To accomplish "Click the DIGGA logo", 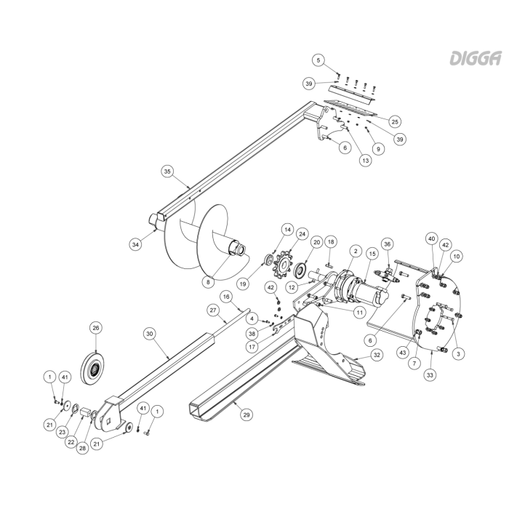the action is [476, 58].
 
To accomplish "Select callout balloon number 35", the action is [167, 172].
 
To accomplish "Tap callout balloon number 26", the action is [96, 328].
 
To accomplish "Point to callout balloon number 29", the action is [247, 415].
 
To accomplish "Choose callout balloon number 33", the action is [430, 375].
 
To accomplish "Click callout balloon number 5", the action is [318, 60].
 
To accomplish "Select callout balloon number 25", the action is [395, 121].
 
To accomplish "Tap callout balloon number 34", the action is [135, 244].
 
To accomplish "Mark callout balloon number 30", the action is [149, 334].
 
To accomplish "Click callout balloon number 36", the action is [388, 244].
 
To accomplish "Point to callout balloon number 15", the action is [372, 253].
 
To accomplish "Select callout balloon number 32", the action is [377, 355].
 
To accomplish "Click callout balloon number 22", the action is [71, 442].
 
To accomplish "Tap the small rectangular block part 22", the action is [85, 412].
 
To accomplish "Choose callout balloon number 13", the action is [366, 161].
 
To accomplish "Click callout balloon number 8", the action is [208, 282].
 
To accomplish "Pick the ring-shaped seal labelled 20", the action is [300, 270].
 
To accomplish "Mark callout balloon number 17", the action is [252, 347].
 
